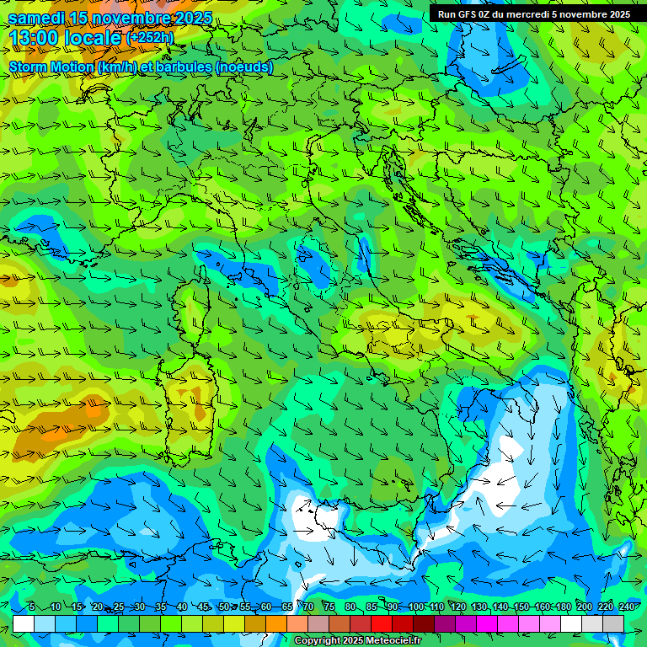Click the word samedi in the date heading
(x=38, y=18)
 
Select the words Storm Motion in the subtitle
(x=51, y=67)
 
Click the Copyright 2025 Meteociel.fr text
(x=358, y=641)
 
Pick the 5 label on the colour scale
(x=31, y=607)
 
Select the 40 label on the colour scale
(x=182, y=607)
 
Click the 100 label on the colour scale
(x=415, y=607)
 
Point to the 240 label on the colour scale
(x=627, y=607)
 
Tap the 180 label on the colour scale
(x=564, y=607)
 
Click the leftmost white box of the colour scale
(x=24, y=623)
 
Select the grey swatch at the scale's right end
(x=613, y=623)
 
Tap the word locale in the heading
(x=92, y=37)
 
